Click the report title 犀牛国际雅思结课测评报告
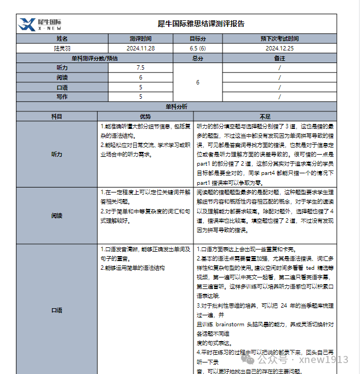(x=201, y=24)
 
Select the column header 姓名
(x=62, y=39)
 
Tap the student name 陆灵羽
(x=62, y=48)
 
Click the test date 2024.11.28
(x=140, y=48)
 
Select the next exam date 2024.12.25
(x=279, y=48)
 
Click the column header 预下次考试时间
(x=279, y=39)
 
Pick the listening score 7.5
(x=140, y=67)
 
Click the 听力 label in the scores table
(x=62, y=67)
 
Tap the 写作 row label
(x=62, y=97)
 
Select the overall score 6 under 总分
(x=197, y=82)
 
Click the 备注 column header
(x=279, y=58)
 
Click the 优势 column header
(x=145, y=116)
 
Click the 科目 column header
(x=57, y=116)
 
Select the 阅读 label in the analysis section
(x=57, y=216)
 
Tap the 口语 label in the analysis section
(x=57, y=310)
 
